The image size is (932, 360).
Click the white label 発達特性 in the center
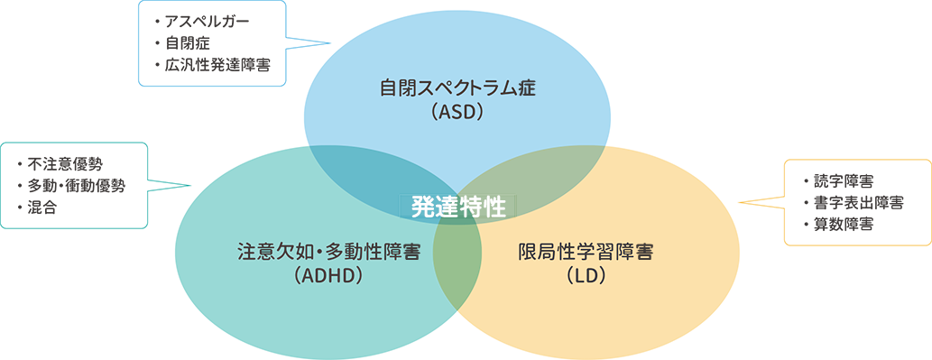pyautogui.click(x=457, y=207)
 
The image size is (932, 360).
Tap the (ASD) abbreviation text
pyautogui.click(x=458, y=113)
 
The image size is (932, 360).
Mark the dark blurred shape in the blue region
pyautogui.click(x=208, y=42)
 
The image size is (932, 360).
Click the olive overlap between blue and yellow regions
pyautogui.click(x=541, y=176)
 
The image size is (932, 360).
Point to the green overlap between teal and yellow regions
pyautogui.click(x=457, y=262)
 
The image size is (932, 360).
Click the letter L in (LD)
pyautogui.click(x=579, y=276)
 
